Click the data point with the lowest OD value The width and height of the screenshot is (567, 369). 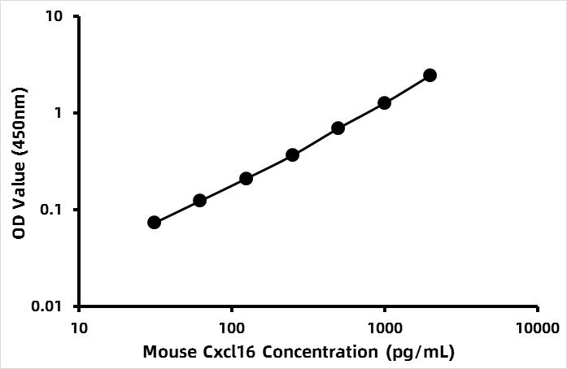(154, 222)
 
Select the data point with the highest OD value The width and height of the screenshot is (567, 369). (430, 75)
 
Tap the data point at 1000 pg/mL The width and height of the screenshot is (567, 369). (384, 103)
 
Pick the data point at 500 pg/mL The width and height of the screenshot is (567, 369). (338, 128)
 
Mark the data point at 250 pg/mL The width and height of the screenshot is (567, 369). (292, 154)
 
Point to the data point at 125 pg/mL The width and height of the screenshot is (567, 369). (246, 178)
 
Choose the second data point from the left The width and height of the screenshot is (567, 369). (199, 200)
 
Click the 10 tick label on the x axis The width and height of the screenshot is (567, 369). (79, 328)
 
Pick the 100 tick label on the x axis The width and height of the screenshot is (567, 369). (232, 328)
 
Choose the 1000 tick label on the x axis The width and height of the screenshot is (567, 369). (384, 328)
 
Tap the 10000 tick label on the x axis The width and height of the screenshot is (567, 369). (537, 328)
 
